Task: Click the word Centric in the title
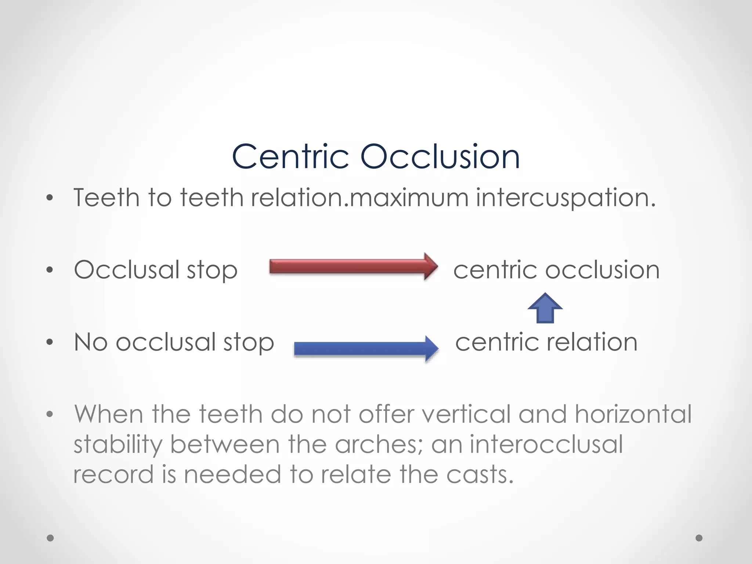(x=290, y=157)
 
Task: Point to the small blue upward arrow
(x=545, y=308)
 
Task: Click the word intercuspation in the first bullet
(x=565, y=198)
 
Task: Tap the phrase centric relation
(x=546, y=342)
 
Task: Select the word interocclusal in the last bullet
(x=546, y=444)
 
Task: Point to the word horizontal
(x=633, y=414)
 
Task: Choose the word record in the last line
(x=113, y=474)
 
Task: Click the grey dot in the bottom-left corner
(x=50, y=538)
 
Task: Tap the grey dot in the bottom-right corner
(x=699, y=538)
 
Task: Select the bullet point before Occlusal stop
(x=50, y=270)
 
